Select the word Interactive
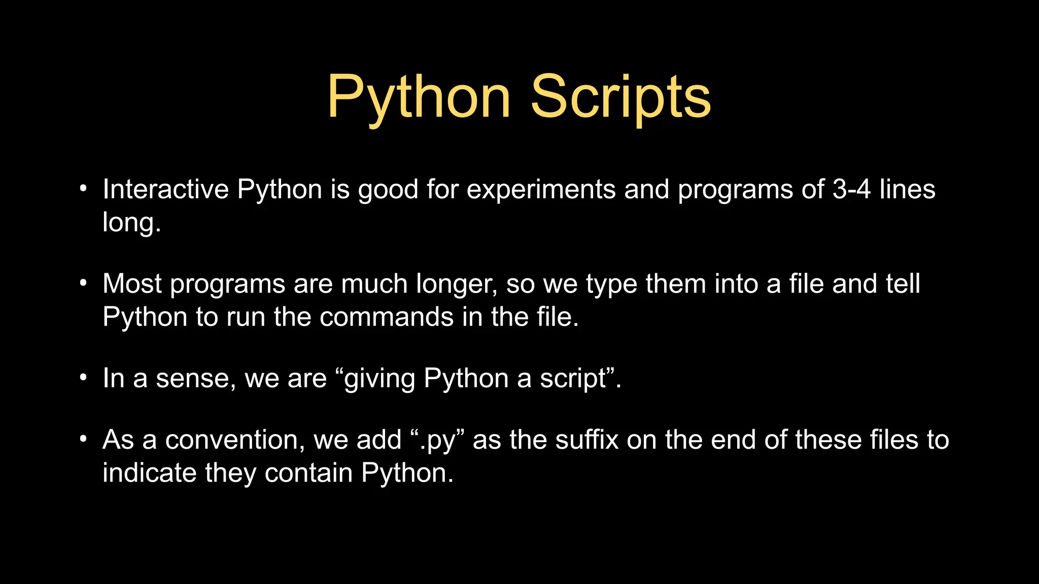pyautogui.click(x=165, y=190)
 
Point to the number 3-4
pyautogui.click(x=851, y=190)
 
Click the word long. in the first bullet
pyautogui.click(x=131, y=223)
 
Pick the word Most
pyautogui.click(x=132, y=284)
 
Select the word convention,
pyautogui.click(x=235, y=440)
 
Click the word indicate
pyautogui.click(x=149, y=473)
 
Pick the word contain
pyautogui.click(x=308, y=473)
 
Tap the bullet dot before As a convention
pyautogui.click(x=84, y=439)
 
